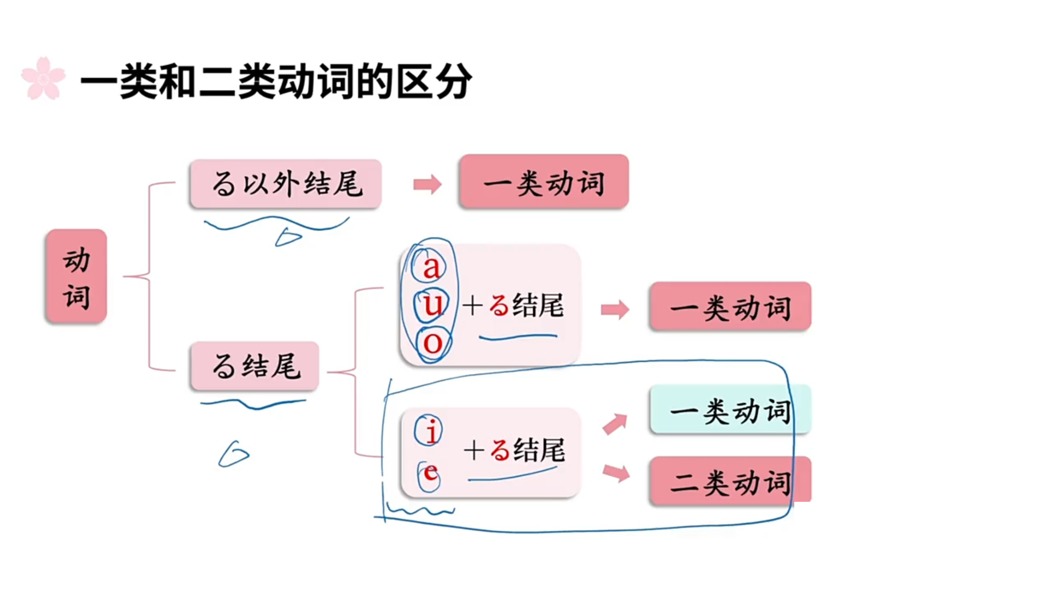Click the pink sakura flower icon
tap(43, 79)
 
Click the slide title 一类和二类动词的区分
tap(276, 82)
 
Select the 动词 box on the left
tap(76, 276)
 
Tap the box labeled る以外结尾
tap(286, 184)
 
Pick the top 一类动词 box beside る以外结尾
tap(544, 182)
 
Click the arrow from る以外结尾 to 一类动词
tap(428, 184)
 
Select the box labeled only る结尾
tap(255, 366)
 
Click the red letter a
tap(431, 267)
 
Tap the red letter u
tap(432, 304)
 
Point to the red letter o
tap(433, 343)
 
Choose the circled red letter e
tap(430, 473)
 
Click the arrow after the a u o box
tap(615, 309)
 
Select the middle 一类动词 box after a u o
tap(730, 307)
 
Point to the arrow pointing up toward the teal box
tap(615, 424)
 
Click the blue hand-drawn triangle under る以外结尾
tap(288, 237)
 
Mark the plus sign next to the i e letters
tap(474, 450)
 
